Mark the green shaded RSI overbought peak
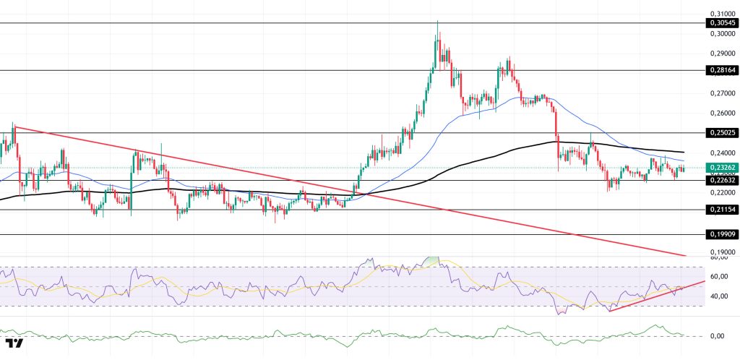click(431, 260)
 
